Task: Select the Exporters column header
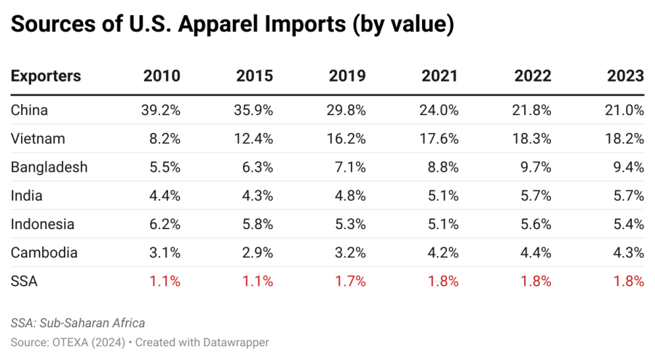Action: coord(46,76)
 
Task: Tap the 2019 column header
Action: coord(347,76)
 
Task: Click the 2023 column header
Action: coord(625,76)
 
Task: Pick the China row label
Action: coord(29,110)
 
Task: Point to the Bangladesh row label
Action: coord(49,167)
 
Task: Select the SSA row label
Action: coord(24,281)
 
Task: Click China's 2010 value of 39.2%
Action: coord(160,110)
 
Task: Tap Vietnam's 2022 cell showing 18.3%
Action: coord(531,139)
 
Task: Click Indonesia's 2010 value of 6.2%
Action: coord(164,224)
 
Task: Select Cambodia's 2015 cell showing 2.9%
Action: coord(257,253)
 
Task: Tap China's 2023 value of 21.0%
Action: coord(624,110)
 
